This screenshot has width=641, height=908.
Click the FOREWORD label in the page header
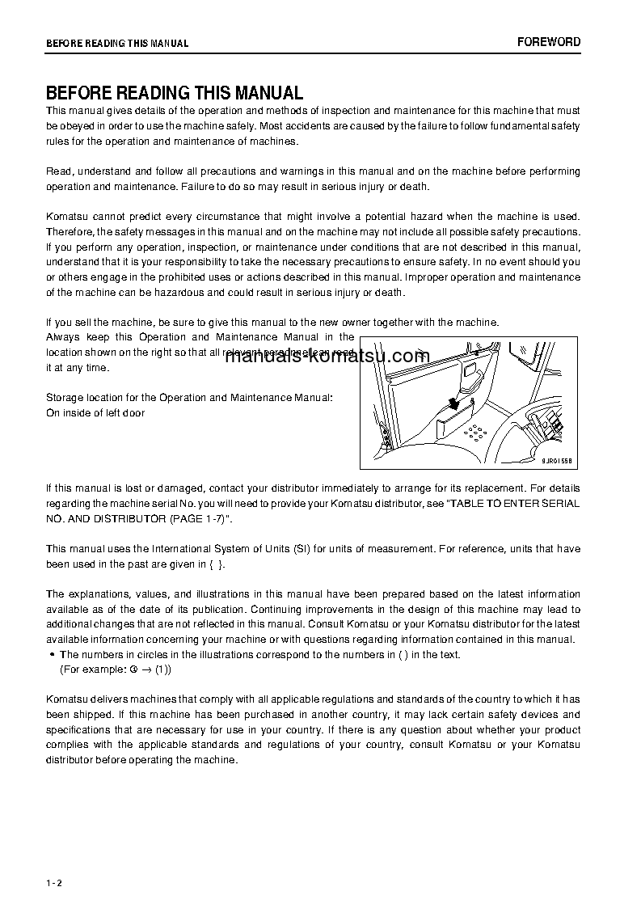coord(549,42)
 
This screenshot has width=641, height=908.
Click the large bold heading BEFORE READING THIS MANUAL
coord(175,93)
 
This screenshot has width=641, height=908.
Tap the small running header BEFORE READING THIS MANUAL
coord(117,44)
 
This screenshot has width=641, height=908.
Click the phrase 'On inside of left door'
coord(95,413)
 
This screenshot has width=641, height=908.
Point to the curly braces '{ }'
coord(216,564)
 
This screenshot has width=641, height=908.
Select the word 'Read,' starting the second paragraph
coord(59,171)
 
